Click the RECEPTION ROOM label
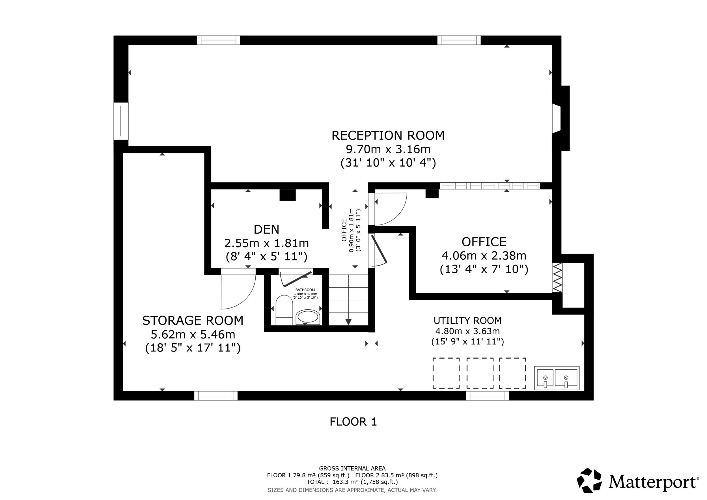coord(388,136)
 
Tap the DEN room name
coord(266,230)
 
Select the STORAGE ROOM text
coord(193,321)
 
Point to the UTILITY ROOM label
coord(467,321)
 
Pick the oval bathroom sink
coord(308,317)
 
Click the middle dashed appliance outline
coord(480,373)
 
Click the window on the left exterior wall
coord(121,121)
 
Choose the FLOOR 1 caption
coord(353,422)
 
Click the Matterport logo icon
coord(589,480)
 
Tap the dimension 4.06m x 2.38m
coord(484,256)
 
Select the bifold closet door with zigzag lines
coord(557,278)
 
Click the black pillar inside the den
coord(288,195)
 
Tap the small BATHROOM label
coord(305,290)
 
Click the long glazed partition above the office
coord(490,186)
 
